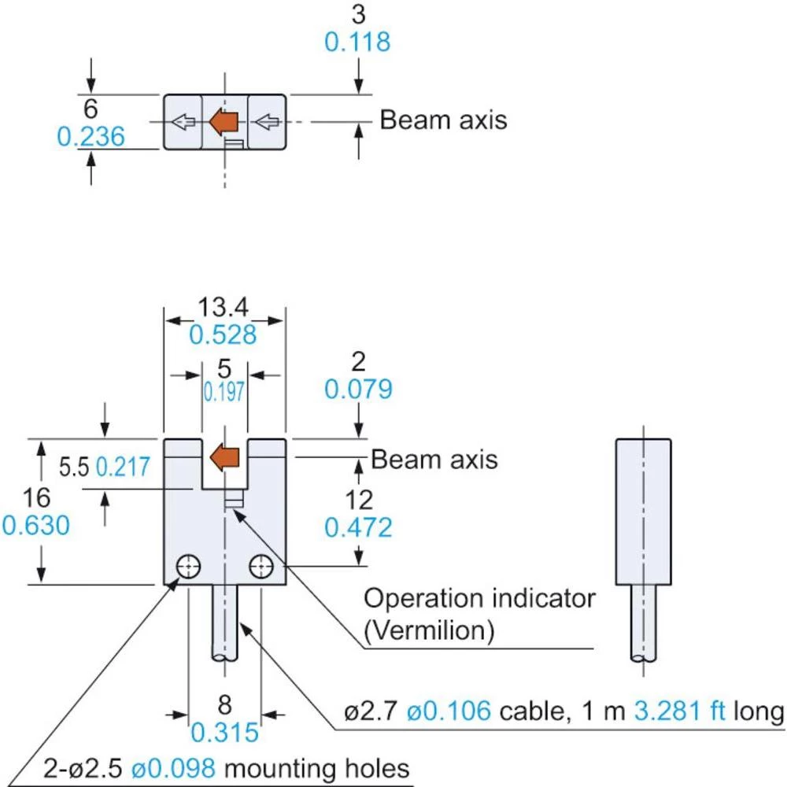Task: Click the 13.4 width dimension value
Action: point(224,307)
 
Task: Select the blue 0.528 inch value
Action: point(224,334)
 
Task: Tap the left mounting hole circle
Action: point(189,566)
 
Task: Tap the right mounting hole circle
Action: point(260,566)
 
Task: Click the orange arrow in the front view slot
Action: point(225,457)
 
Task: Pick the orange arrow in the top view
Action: point(225,121)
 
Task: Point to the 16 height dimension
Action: point(36,497)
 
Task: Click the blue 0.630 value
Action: point(36,525)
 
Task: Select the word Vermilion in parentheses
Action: point(429,630)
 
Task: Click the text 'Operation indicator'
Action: point(479,598)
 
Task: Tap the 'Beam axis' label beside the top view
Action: point(443,120)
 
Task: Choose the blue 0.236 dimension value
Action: point(91,137)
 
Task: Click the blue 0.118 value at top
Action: point(358,42)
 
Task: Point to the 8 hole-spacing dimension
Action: point(224,704)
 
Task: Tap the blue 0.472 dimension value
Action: point(358,527)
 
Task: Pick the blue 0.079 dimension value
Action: point(358,389)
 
